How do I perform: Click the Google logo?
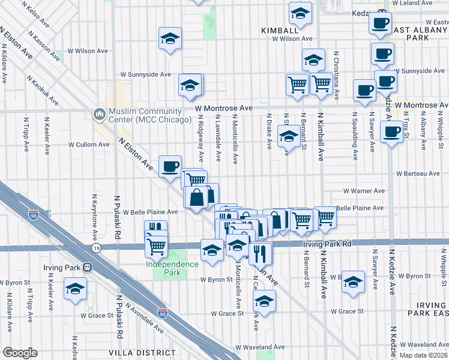pyautogui.click(x=20, y=353)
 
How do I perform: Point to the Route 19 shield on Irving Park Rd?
pyautogui.click(x=96, y=247)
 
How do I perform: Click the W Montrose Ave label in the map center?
pyautogui.click(x=223, y=108)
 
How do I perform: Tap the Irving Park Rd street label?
pyautogui.click(x=330, y=244)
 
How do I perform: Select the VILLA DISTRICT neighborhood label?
pyautogui.click(x=134, y=352)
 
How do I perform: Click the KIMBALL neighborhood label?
pyautogui.click(x=280, y=30)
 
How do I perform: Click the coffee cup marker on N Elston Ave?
pyautogui.click(x=170, y=166)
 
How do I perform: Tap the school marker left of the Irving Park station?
pyautogui.click(x=75, y=289)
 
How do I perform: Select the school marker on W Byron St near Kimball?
pyautogui.click(x=353, y=281)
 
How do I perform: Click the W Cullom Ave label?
pyautogui.click(x=89, y=145)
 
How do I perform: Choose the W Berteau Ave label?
pyautogui.click(x=418, y=174)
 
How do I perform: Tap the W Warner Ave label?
pyautogui.click(x=364, y=191)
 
